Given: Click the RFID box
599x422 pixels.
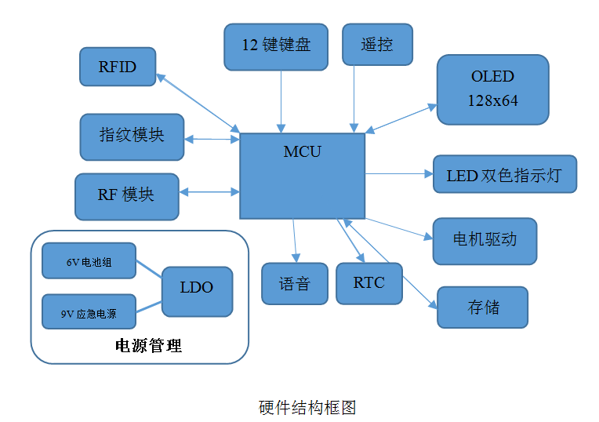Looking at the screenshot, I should (x=118, y=67).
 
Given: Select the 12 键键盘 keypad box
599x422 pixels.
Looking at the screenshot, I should (x=276, y=45).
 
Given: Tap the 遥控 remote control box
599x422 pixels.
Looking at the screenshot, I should (x=376, y=45).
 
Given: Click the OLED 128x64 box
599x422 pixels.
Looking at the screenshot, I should (x=492, y=89).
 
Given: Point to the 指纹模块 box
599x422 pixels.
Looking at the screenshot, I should (x=132, y=136).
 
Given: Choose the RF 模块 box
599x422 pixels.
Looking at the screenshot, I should (x=126, y=195).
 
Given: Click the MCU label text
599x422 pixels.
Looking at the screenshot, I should (x=302, y=151).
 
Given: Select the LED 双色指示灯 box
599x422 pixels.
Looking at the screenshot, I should (x=504, y=174).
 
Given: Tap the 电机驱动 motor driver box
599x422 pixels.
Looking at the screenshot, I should (x=485, y=240).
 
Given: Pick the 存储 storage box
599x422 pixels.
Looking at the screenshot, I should (x=482, y=307).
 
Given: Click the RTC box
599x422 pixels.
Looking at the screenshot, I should (x=368, y=282).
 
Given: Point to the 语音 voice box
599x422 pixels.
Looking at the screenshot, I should (x=294, y=283).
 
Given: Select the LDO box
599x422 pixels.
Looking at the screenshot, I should (x=196, y=288).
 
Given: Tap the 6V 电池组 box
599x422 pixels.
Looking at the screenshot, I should (x=89, y=262).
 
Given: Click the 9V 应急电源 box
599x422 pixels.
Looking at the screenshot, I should (x=89, y=313).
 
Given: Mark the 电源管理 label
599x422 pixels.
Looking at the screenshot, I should (x=148, y=346).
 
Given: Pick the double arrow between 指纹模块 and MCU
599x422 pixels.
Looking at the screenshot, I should (x=212, y=140).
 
